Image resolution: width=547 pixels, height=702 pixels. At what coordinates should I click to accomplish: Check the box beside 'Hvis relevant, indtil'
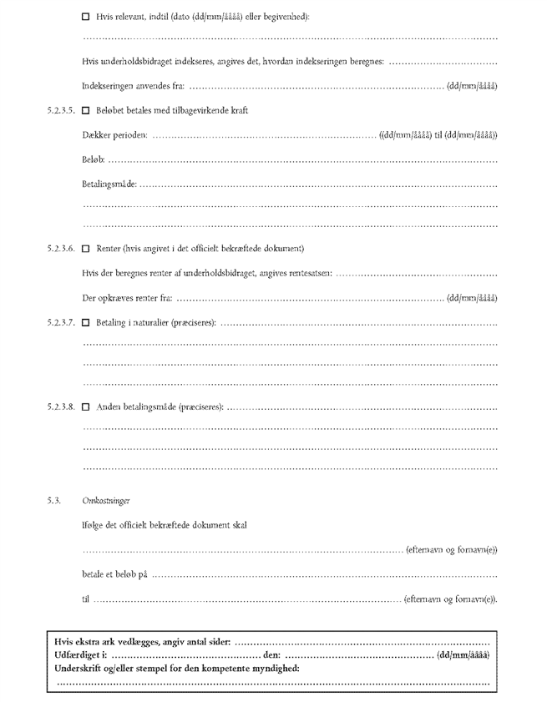pos(86,17)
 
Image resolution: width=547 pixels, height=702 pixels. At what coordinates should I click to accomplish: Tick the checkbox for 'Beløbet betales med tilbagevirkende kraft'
pos(86,110)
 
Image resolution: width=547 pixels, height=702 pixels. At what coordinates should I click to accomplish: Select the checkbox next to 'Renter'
pos(86,248)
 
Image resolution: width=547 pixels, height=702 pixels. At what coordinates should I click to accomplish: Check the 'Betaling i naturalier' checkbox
pos(86,321)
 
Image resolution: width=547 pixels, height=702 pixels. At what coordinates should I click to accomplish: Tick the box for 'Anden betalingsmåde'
pos(86,407)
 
